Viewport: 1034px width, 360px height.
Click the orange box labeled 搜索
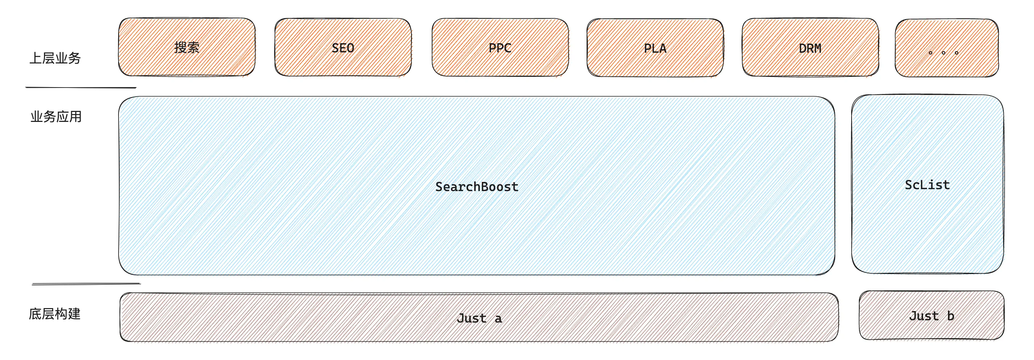[x=187, y=47]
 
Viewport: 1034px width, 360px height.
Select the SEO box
[x=343, y=47]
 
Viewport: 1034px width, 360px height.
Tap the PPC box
[x=500, y=47]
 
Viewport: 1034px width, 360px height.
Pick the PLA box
[x=655, y=48]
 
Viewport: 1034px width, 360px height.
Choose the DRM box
[x=810, y=47]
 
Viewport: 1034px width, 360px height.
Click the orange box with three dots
[x=947, y=48]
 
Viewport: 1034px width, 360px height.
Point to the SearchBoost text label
[x=477, y=186]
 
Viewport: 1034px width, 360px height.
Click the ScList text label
[x=927, y=185]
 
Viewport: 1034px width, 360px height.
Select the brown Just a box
[x=479, y=317]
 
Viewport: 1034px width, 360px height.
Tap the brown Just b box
[x=932, y=315]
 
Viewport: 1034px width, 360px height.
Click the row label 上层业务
[x=55, y=58]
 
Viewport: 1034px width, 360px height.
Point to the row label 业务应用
[x=56, y=117]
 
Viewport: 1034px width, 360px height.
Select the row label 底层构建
[x=55, y=314]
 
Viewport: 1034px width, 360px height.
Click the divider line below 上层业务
[x=81, y=87]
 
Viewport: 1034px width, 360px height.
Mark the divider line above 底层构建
[x=86, y=284]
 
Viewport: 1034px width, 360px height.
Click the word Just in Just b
[x=924, y=316]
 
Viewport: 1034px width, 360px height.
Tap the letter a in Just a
[x=498, y=319]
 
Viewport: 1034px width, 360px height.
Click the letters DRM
[x=810, y=49]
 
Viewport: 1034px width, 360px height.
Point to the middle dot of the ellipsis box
[x=944, y=53]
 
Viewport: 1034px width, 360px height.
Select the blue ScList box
[x=928, y=184]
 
